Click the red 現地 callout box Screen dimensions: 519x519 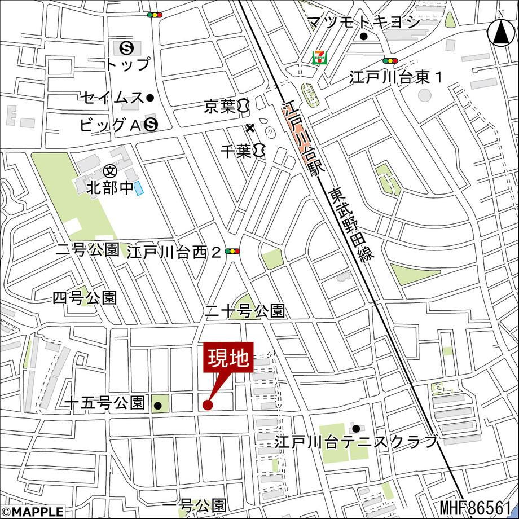coord(229,358)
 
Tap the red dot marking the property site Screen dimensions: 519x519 coord(207,404)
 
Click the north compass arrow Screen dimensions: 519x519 coord(500,32)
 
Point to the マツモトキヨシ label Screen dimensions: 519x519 coord(363,22)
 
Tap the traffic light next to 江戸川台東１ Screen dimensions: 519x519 coord(390,61)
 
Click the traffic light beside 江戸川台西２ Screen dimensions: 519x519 coord(232,252)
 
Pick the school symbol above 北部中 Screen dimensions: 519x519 coord(110,170)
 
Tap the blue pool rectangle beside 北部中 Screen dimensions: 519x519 coord(139,188)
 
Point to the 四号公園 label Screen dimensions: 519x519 coord(85,298)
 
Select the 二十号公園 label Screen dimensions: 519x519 coord(245,311)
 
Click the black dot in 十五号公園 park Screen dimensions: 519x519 coord(159,405)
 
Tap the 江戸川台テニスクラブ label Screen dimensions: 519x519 coord(356,442)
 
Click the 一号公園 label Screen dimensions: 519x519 coord(195,505)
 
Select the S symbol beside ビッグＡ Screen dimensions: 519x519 coord(150,125)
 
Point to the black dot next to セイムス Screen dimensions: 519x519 coord(150,98)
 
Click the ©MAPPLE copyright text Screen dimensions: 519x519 coord(32,512)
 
